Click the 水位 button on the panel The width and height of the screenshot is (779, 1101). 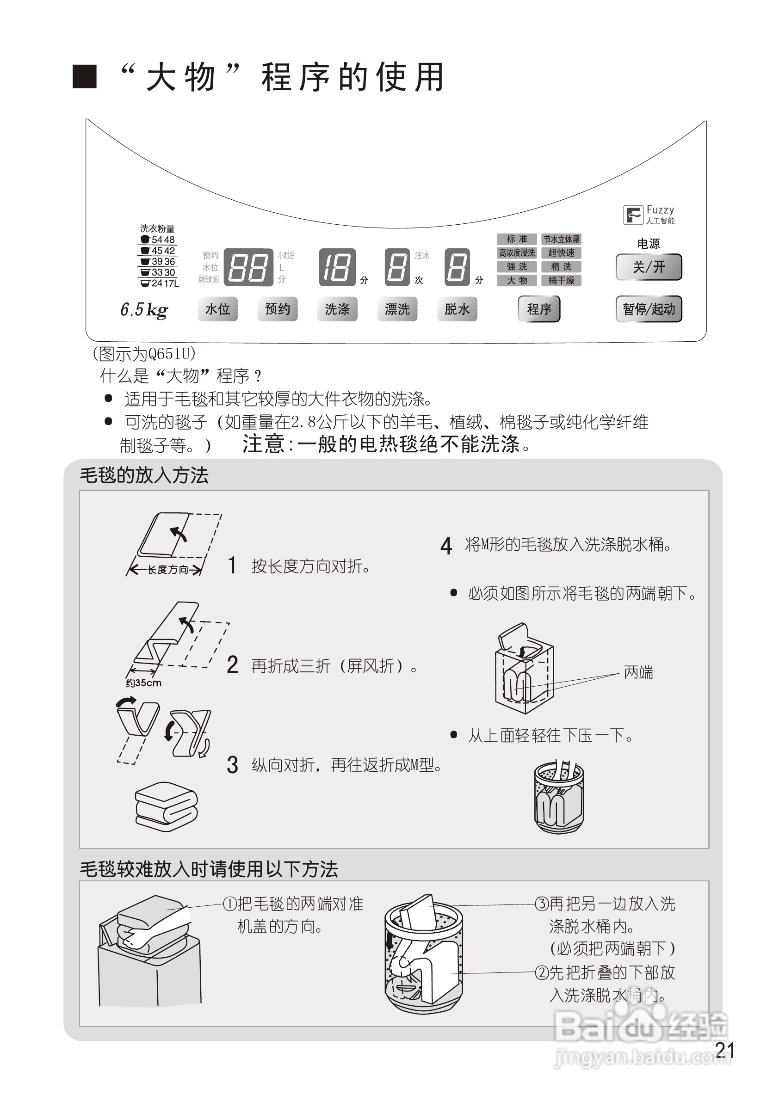point(217,309)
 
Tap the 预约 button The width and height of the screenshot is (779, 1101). point(277,309)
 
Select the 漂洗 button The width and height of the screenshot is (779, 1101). point(397,309)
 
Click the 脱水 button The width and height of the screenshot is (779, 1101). point(457,309)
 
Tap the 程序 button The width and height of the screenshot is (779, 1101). point(538,309)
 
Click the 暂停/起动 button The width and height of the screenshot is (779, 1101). point(649,309)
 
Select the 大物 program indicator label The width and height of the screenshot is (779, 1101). point(517,281)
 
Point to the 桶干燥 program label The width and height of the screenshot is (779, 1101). point(561,281)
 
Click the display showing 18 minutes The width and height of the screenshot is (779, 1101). point(337,267)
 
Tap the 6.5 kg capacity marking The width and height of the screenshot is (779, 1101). point(144,310)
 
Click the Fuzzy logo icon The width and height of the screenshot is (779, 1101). point(633,215)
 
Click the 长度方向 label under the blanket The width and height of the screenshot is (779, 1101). point(167,570)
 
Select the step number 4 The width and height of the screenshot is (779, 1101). point(446,546)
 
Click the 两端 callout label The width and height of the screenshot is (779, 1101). point(638,673)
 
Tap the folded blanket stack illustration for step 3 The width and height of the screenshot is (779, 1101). point(167,807)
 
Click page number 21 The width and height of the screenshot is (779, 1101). point(724,1050)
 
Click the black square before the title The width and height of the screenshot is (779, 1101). point(85,77)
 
